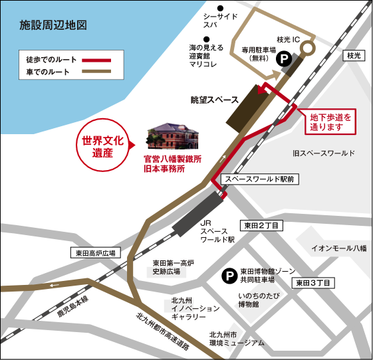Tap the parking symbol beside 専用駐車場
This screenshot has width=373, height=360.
point(283,59)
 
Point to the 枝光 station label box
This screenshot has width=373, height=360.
point(352,56)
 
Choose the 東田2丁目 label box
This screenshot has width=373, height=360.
point(261,226)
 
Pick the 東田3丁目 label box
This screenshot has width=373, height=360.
point(314,282)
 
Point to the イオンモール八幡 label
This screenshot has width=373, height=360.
point(339,248)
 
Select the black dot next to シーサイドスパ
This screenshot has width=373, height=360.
point(205,15)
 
